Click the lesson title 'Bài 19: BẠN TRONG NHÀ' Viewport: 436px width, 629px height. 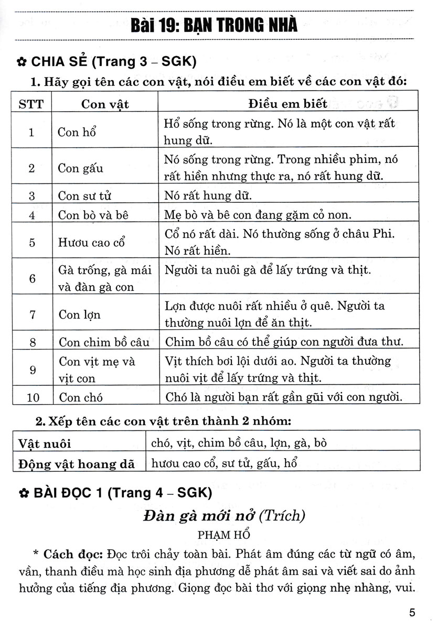click(215, 25)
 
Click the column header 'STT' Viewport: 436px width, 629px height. click(31, 104)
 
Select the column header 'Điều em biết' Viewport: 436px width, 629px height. click(288, 104)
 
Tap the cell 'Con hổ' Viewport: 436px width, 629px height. click(77, 132)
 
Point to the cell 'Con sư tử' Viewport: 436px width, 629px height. click(84, 196)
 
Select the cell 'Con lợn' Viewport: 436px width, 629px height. click(79, 314)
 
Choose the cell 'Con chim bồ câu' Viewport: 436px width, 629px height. click(104, 342)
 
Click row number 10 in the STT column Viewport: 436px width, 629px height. click(32, 397)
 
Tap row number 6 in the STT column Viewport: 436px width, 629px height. click(32, 278)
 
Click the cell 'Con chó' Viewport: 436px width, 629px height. click(77, 397)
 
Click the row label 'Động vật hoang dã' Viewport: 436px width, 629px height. click(77, 463)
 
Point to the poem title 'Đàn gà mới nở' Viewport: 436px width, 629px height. click(199, 516)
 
